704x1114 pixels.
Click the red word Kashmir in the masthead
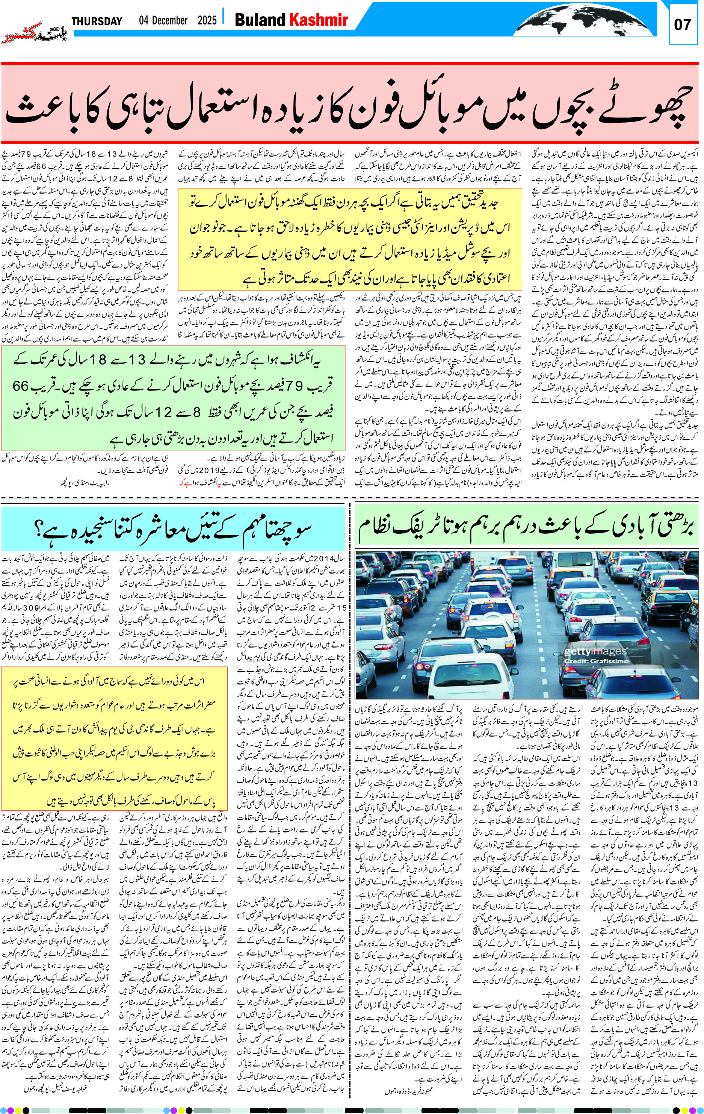(x=318, y=20)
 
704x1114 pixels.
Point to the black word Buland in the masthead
(x=260, y=20)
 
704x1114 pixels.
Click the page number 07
(x=682, y=24)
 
